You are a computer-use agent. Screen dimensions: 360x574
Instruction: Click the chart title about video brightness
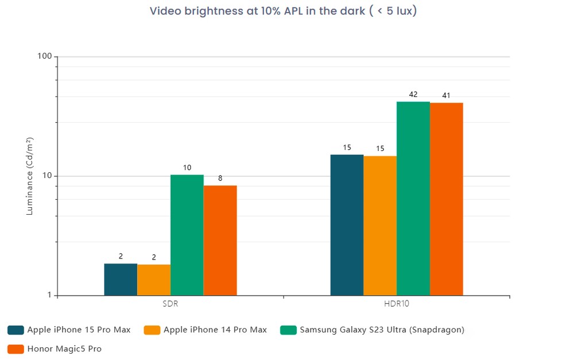click(283, 11)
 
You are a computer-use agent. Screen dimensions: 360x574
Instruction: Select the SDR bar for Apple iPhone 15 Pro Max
click(121, 280)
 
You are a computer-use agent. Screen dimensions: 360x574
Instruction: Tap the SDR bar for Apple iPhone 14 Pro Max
click(154, 280)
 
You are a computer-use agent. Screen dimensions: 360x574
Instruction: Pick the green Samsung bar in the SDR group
click(187, 235)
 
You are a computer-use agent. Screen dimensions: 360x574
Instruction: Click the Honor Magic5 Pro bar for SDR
click(220, 241)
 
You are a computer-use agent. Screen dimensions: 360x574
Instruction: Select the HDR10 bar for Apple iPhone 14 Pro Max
click(380, 226)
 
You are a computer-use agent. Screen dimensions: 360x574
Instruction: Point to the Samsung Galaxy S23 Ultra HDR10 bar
click(413, 199)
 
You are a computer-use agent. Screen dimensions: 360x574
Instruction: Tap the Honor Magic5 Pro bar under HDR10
click(446, 199)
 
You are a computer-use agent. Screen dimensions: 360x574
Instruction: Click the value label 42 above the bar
click(413, 94)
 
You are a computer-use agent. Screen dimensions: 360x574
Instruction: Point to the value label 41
click(446, 95)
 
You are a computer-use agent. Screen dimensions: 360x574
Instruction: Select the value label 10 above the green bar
click(187, 168)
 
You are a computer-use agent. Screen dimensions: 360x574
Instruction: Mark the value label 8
click(220, 178)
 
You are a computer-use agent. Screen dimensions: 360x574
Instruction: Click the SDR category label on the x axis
click(170, 304)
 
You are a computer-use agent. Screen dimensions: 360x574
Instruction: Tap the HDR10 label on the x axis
click(397, 304)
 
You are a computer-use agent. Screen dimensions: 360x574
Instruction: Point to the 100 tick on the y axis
click(45, 57)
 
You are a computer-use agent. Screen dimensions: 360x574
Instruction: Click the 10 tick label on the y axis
click(47, 176)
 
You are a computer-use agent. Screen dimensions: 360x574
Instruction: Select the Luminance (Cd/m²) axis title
click(30, 176)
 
